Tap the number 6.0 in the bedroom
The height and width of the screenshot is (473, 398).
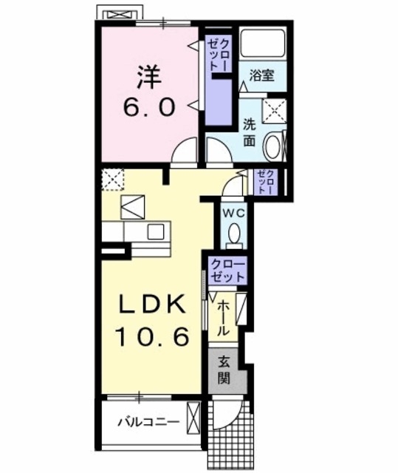point(150,109)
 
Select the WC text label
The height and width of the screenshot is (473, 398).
point(234,211)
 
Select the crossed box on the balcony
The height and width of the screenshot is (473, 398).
point(193,418)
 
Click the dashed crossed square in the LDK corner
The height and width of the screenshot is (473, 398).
point(112,179)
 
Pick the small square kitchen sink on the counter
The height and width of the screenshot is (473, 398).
point(157,231)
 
